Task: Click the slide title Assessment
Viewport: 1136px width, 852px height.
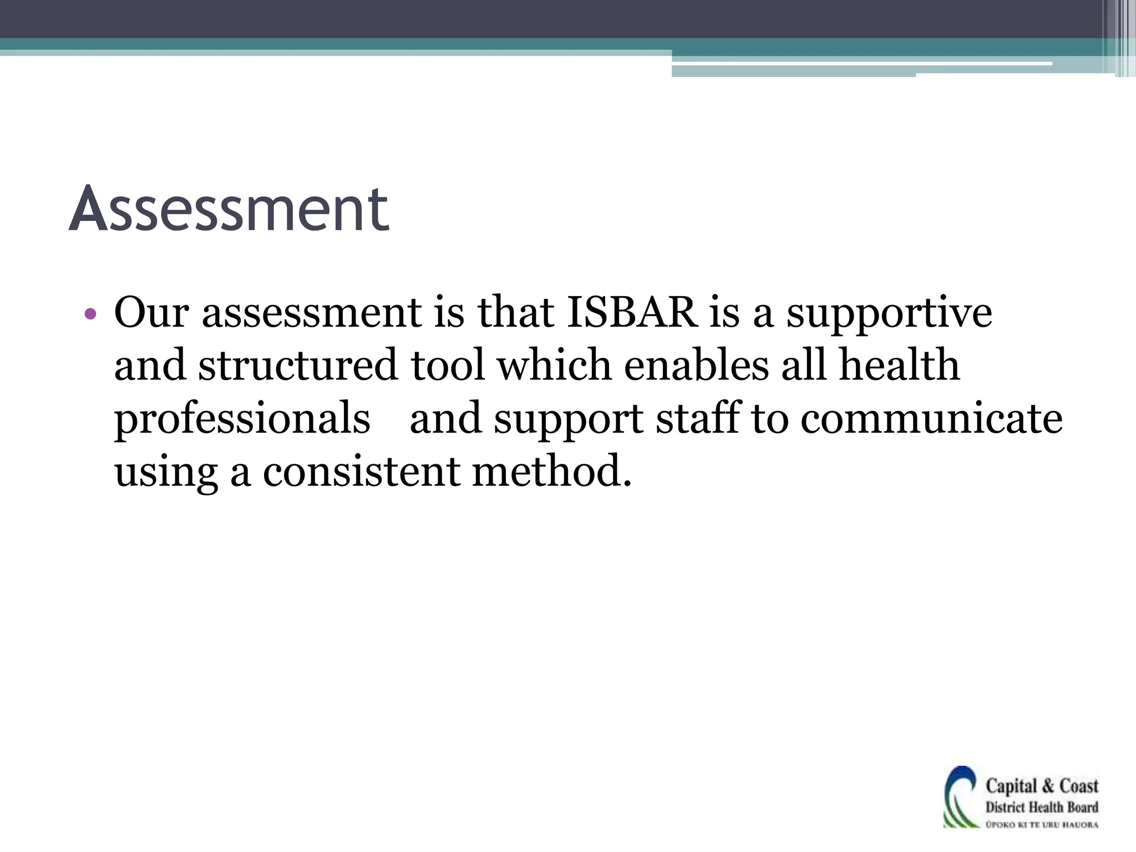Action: (x=229, y=210)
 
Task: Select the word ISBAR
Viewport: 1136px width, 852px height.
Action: (x=632, y=312)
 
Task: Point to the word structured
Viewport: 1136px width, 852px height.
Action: (x=298, y=366)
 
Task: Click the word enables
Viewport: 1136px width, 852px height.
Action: (x=696, y=366)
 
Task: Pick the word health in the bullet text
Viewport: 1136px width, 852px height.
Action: (x=899, y=366)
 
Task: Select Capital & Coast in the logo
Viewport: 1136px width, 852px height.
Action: (x=1042, y=786)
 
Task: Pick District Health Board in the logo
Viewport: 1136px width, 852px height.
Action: (x=1042, y=808)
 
